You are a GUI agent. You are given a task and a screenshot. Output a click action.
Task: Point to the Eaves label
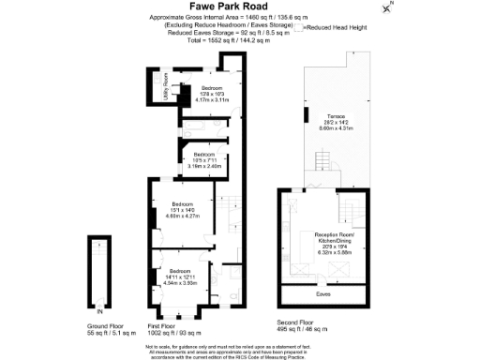pos(322,293)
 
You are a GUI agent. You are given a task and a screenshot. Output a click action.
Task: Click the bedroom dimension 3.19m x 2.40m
pos(207,166)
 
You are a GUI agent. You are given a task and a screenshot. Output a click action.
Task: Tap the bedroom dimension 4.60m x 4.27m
pos(184,216)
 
